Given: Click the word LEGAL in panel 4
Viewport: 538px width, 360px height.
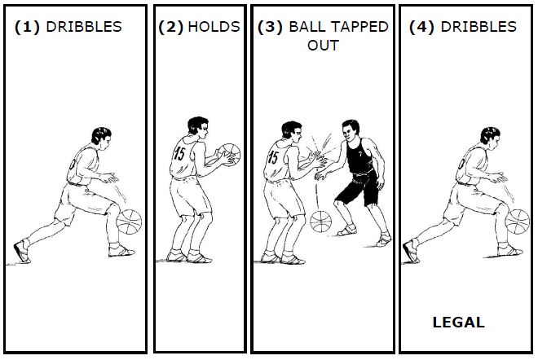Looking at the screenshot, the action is click(458, 323).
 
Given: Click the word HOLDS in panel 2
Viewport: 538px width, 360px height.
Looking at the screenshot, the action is click(214, 27).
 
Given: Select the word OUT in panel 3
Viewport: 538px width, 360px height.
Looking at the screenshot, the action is click(324, 46).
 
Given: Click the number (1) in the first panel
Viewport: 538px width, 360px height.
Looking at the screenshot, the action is click(27, 27).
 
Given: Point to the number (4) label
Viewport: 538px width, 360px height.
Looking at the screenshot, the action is click(421, 27).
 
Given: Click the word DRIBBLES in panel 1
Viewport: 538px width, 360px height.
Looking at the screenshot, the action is click(84, 27).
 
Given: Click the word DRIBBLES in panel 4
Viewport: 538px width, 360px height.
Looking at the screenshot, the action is click(478, 27).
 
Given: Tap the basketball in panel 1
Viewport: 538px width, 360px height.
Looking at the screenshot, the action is click(129, 222).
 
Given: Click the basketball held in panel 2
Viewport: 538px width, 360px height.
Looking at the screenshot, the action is click(229, 155).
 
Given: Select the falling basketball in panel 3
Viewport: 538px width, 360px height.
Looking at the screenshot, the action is click(321, 222).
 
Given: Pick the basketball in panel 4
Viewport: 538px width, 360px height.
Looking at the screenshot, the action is click(518, 222).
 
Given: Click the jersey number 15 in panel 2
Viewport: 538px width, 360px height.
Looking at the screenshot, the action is click(179, 153).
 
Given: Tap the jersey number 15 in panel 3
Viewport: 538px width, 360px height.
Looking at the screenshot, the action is click(273, 157).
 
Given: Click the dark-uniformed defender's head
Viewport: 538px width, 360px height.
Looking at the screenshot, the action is click(351, 130).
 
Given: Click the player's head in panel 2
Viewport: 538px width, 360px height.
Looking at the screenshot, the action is click(198, 128).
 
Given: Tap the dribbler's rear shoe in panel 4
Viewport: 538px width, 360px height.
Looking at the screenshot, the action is click(410, 252).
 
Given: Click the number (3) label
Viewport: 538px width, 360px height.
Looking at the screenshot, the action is click(270, 27).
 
